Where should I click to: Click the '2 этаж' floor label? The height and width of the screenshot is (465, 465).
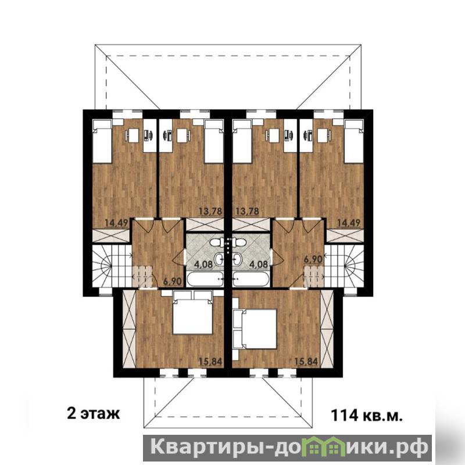pos(94,413)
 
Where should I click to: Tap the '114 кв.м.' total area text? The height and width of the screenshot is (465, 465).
pos(367,415)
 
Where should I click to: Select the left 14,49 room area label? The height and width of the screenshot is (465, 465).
pos(117,223)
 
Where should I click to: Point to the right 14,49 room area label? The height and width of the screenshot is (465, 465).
pos(349,223)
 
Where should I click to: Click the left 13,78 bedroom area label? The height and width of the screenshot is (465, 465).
pos(210,212)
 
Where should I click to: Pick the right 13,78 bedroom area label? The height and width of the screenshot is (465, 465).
pos(247,212)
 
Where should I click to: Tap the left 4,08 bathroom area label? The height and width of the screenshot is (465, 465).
pos(203,264)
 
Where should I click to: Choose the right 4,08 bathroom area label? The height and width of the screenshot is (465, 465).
pos(259,264)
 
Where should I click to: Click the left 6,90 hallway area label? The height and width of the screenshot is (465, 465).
pos(172,281)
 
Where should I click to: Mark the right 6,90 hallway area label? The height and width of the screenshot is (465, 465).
pos(313,259)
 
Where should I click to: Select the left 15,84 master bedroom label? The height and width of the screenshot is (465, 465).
pos(210,362)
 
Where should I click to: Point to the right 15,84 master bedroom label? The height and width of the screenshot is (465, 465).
pos(306,362)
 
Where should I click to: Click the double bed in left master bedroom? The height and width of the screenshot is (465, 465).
pos(193,316)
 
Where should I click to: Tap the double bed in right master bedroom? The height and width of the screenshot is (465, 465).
pos(259,328)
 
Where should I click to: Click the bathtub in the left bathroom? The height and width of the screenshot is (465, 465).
pos(205,279)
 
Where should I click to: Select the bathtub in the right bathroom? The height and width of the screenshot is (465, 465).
pos(251,279)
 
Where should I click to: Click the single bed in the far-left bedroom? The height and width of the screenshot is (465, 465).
pos(102,141)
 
